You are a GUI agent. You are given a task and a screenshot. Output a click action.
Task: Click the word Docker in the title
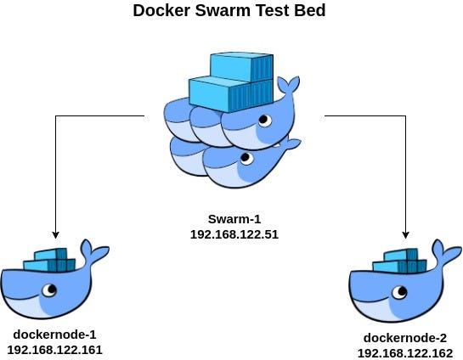coord(161,13)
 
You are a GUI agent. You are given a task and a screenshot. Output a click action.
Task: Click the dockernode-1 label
coord(54,334)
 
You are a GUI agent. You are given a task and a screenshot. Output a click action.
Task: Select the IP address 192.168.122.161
coord(54,348)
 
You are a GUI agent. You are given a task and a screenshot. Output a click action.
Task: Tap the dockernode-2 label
coord(404,337)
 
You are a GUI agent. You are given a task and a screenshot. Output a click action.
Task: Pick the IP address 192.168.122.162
coord(404,352)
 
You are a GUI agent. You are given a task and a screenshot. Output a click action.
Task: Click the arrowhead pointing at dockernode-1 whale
coord(55,233)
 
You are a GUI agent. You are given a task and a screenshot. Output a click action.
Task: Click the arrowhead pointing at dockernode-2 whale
coord(406,233)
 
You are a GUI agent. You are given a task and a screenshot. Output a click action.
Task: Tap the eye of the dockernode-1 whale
coord(51,290)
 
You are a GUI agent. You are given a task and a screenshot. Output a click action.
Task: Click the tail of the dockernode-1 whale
coord(94,252)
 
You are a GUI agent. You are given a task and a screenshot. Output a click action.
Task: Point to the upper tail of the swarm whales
coord(290,87)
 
